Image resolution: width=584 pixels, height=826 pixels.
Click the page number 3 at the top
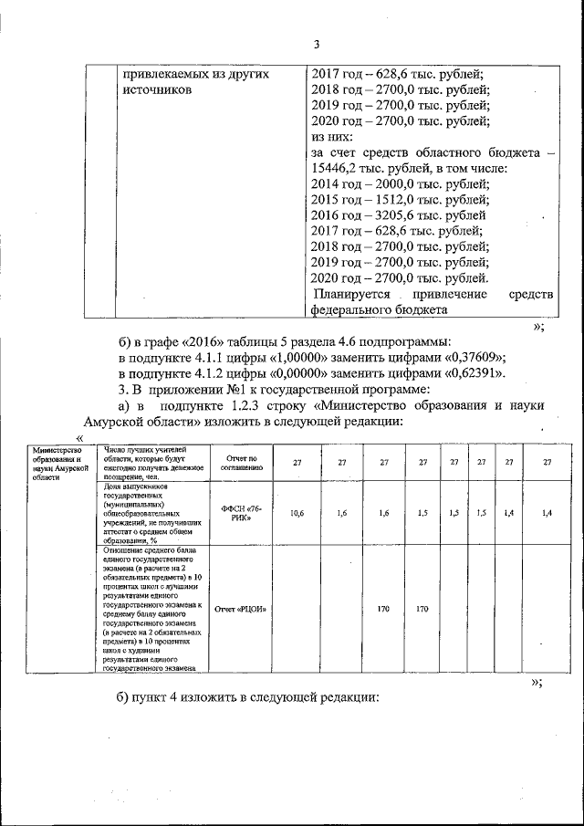pos(316,45)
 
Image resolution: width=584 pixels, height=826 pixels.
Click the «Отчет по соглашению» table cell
pos(242,462)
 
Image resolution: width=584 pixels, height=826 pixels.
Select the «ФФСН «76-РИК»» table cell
pos(242,513)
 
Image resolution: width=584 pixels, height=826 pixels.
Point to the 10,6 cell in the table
pos(297,513)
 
